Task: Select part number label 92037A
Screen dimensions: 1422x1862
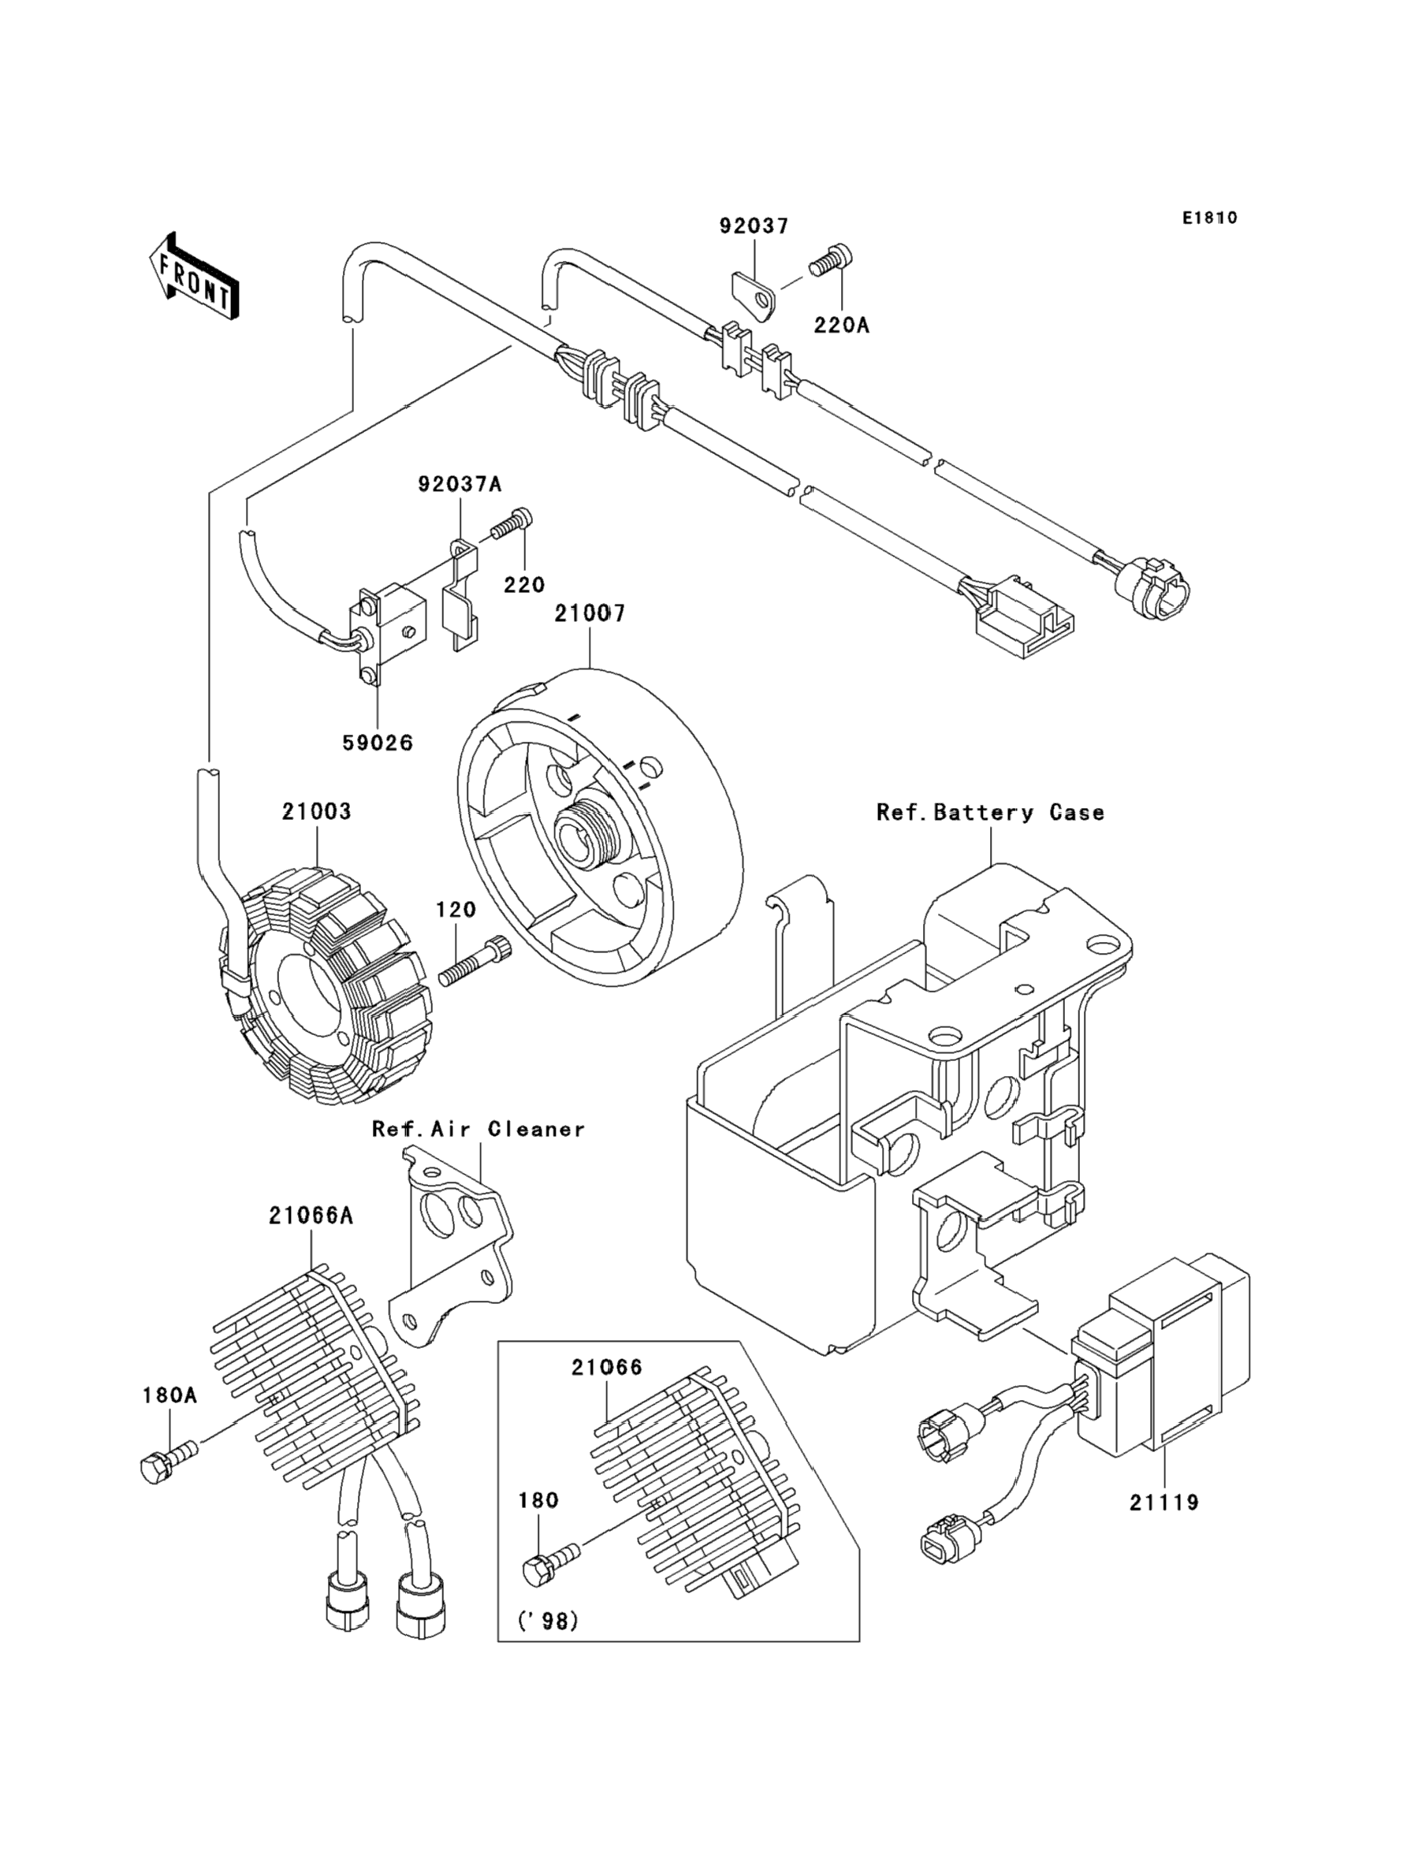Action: (460, 484)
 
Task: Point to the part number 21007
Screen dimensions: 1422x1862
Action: (590, 613)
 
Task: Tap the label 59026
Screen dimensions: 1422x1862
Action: (378, 743)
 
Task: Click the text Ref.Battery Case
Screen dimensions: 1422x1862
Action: (990, 813)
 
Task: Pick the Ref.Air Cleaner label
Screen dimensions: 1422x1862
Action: (478, 1129)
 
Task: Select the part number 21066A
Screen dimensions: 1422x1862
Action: (311, 1216)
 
